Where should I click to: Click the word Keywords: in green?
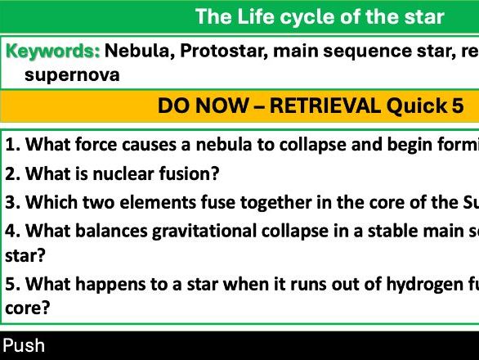[x=53, y=52]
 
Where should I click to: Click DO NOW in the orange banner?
[x=196, y=106]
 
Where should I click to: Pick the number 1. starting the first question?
[x=12, y=146]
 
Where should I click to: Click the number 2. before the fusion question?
[x=12, y=173]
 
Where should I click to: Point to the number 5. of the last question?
[x=12, y=285]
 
